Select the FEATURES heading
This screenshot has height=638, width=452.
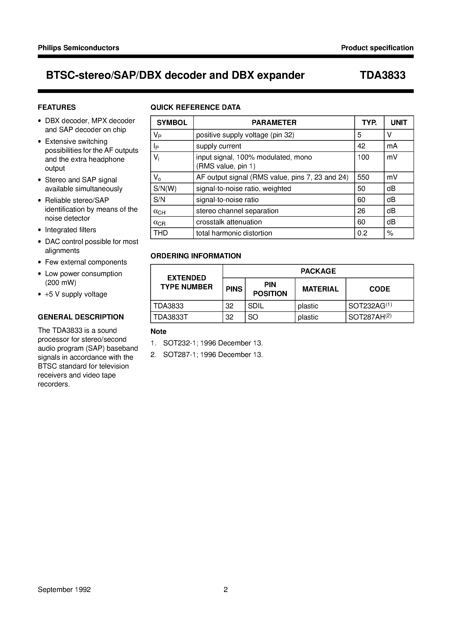click(x=57, y=107)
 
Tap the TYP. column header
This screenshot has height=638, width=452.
click(x=369, y=123)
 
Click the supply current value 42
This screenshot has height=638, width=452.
click(x=361, y=146)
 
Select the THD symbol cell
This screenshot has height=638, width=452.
click(x=161, y=233)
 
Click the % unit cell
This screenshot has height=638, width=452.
click(x=390, y=233)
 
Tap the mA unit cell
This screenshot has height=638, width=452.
click(x=392, y=146)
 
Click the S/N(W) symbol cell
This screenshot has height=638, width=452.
click(x=165, y=189)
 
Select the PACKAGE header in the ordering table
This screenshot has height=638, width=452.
click(x=318, y=271)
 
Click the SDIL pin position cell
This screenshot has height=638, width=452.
click(x=256, y=306)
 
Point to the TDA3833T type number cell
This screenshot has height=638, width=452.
click(x=170, y=317)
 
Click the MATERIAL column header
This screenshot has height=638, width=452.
click(x=320, y=289)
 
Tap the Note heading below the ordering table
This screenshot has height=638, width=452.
click(x=158, y=332)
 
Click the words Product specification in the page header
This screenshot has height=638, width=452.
click(x=377, y=48)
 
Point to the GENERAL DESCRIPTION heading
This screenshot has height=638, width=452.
click(x=81, y=317)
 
